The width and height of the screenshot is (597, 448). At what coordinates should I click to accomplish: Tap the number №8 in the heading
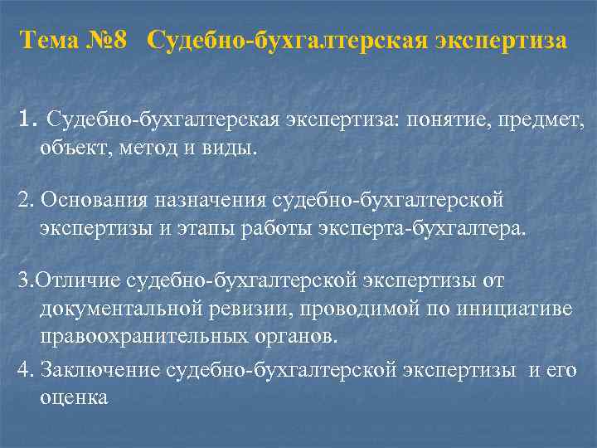pyautogui.click(x=108, y=41)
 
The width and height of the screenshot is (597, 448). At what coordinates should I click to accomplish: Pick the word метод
pyautogui.click(x=139, y=149)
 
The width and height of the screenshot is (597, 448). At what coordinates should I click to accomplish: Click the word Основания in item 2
pyautogui.click(x=91, y=202)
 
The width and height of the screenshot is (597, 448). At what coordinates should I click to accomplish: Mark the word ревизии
pyautogui.click(x=247, y=308)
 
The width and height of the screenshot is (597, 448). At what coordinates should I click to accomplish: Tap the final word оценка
pyautogui.click(x=74, y=397)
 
